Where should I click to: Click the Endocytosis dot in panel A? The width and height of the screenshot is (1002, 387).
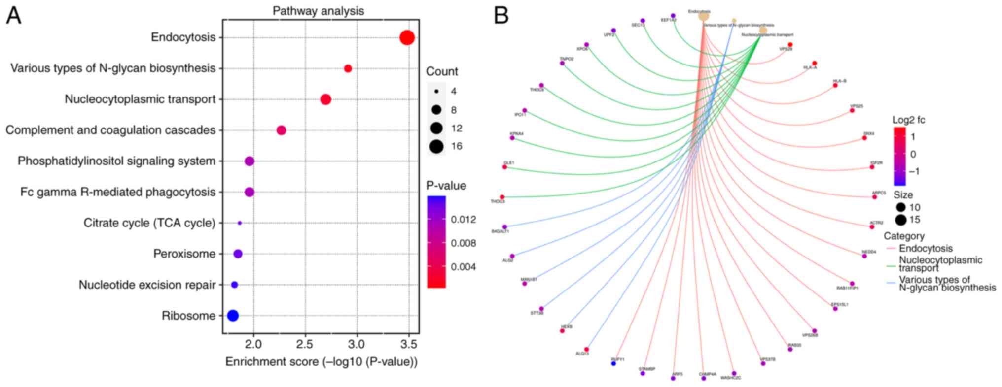tap(407, 37)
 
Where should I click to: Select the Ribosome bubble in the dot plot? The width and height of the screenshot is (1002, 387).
tap(233, 316)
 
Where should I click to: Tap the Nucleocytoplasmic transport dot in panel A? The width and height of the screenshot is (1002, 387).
tap(325, 99)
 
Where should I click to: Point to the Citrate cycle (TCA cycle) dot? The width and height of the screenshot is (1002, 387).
tap(240, 223)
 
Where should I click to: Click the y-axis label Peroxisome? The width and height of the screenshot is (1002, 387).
tap(184, 254)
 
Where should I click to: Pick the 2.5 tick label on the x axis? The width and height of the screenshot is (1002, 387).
tap(305, 343)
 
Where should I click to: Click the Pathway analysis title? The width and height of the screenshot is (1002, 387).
tap(318, 11)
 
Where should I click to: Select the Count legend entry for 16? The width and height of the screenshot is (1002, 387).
tap(436, 146)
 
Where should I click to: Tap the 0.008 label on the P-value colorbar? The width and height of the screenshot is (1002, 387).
tap(464, 243)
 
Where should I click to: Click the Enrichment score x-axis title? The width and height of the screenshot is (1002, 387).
tap(322, 362)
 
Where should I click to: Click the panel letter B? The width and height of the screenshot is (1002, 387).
tap(501, 16)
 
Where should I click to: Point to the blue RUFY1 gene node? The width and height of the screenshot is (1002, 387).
tap(613, 363)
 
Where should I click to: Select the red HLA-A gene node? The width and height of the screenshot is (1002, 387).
tap(814, 63)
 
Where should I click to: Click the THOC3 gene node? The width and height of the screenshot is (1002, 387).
tap(502, 197)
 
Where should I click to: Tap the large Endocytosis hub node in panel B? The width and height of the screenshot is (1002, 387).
tap(704, 16)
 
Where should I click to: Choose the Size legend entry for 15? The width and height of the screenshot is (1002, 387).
tap(901, 220)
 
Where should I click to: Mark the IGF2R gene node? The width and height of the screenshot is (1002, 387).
tap(872, 167)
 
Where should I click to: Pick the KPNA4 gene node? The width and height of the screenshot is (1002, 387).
tap(512, 138)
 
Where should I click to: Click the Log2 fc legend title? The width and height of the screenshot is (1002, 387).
tap(908, 120)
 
